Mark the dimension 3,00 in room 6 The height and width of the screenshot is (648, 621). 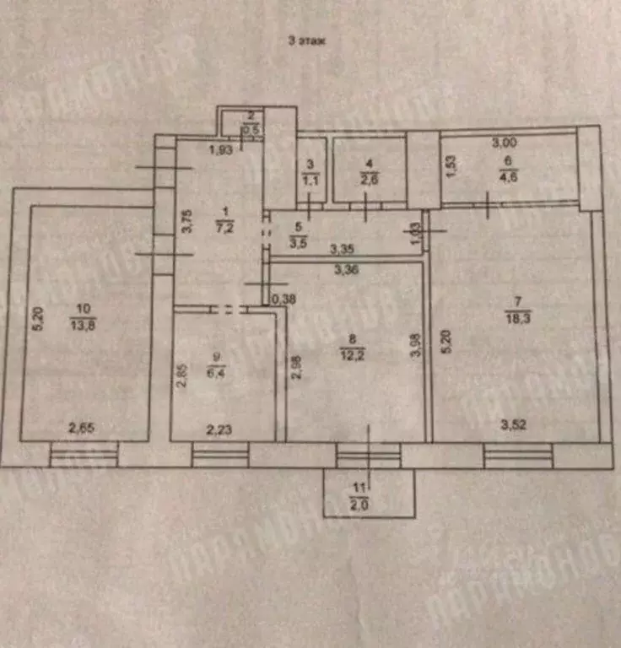pos(505,144)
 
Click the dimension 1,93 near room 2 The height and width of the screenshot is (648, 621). pos(221,151)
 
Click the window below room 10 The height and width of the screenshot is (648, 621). pos(83,456)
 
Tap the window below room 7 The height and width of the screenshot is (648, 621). pos(516,456)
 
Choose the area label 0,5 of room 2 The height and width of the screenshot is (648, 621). pos(251,131)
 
